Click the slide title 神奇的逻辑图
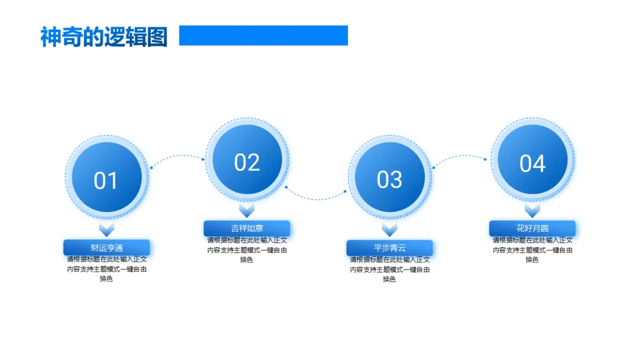point(104,37)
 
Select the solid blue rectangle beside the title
point(263,36)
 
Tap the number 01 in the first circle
point(106,181)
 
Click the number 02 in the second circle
point(247,162)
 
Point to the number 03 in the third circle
point(389,180)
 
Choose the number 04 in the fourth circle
point(532,163)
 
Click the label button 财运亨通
point(106,247)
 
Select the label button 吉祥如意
point(247,228)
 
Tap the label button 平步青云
point(389,247)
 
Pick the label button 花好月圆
point(532,228)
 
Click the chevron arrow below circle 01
point(106,229)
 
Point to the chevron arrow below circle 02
point(247,210)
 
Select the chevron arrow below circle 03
point(389,229)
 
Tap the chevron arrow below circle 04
point(532,210)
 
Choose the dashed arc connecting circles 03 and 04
point(459,156)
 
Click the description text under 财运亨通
point(106,269)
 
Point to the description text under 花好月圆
point(532,249)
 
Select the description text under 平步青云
point(389,269)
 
